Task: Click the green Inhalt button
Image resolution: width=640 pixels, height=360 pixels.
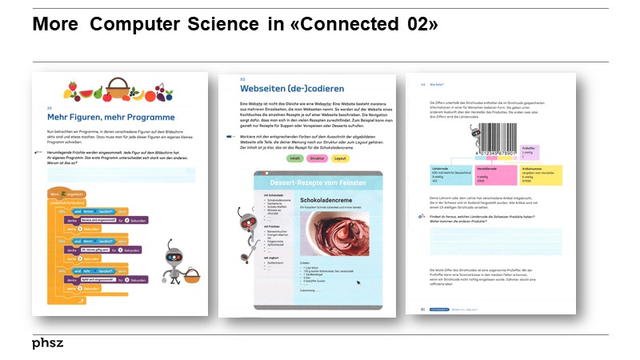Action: click(x=294, y=158)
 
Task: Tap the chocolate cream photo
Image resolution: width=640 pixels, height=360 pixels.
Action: click(x=333, y=235)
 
